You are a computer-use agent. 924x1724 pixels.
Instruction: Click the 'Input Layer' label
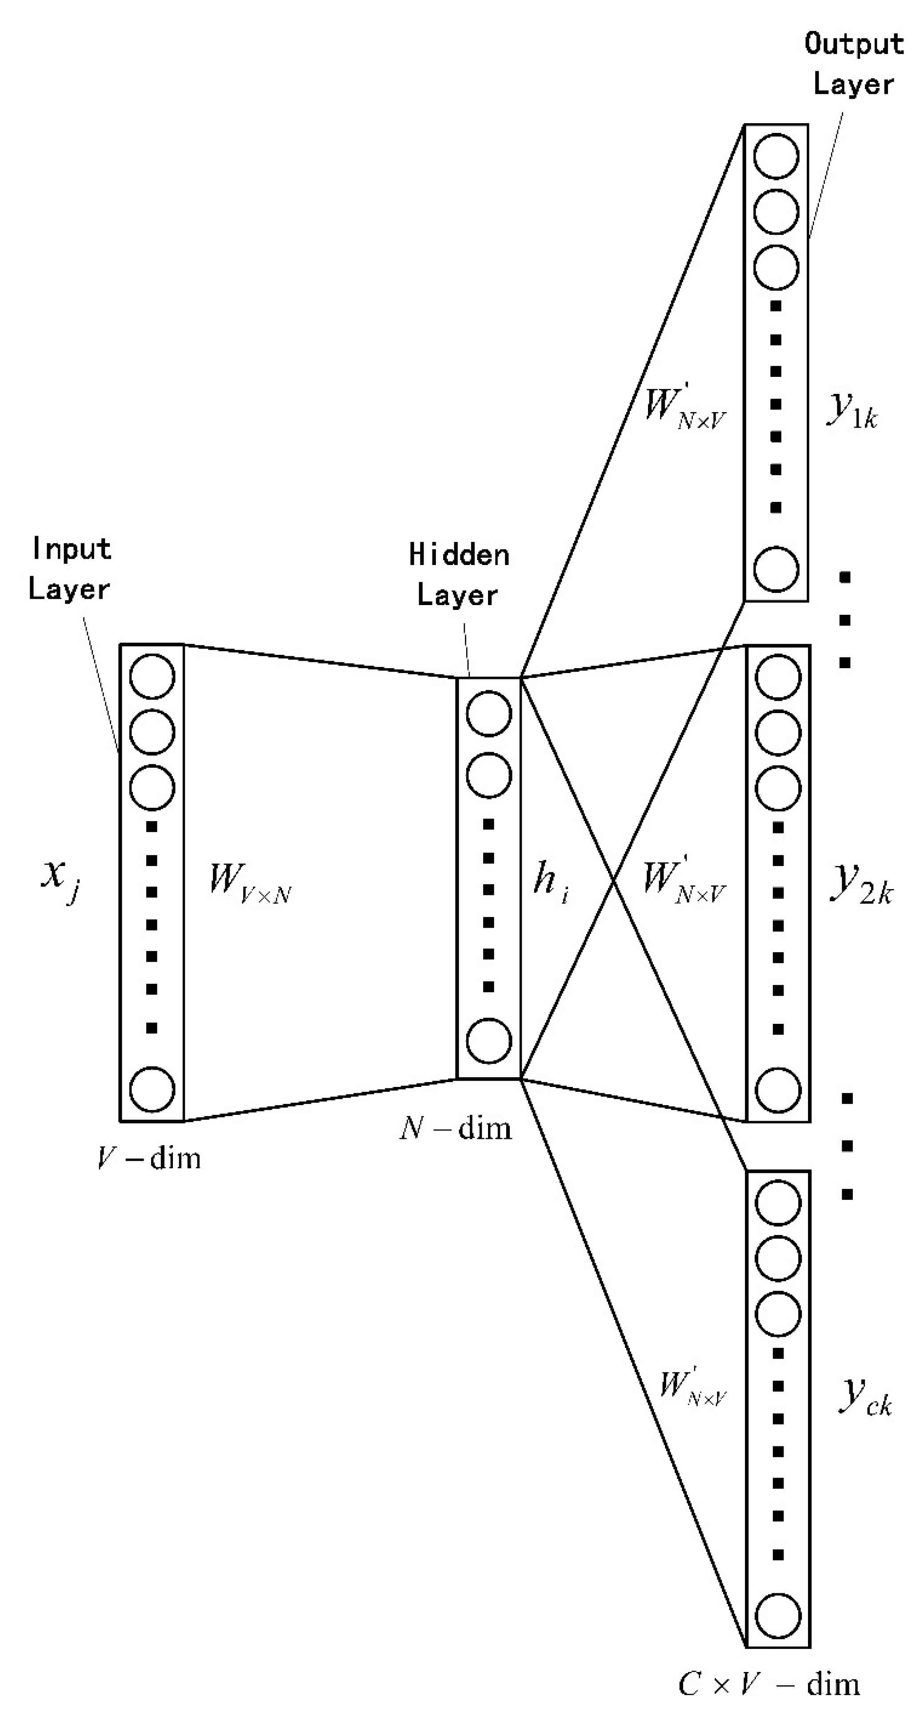(x=70, y=569)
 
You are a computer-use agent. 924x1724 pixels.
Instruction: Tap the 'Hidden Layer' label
(x=459, y=575)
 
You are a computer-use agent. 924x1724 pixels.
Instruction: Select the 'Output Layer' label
(x=854, y=64)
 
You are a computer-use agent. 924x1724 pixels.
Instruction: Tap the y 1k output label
(x=852, y=409)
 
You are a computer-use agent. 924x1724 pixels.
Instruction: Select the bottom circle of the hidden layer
(x=488, y=1041)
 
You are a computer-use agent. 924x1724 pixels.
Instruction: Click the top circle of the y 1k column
(x=776, y=156)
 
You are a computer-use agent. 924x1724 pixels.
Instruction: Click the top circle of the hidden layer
(x=488, y=714)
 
